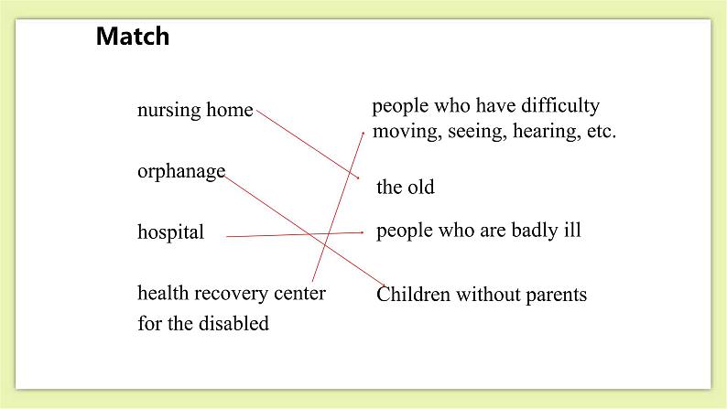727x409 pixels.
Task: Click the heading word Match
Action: click(133, 37)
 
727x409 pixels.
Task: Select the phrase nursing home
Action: click(194, 111)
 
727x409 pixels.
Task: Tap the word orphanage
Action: click(180, 172)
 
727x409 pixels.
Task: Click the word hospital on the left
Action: click(170, 232)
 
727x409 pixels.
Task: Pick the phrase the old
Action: click(405, 188)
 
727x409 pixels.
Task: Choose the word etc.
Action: click(601, 132)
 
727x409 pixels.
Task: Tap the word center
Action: click(299, 294)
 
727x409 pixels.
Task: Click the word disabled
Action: click(234, 324)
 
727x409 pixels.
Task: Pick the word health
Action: click(162, 294)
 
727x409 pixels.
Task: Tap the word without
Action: click(485, 295)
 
